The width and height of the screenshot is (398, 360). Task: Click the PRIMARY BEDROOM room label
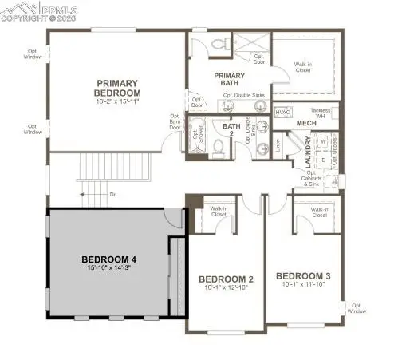[x=118, y=87]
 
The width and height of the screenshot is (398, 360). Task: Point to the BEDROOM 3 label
[x=302, y=276]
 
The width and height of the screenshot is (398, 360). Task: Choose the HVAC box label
[x=282, y=113]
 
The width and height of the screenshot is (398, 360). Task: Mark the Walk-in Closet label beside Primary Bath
[x=303, y=67]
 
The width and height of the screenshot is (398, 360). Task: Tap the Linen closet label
[x=278, y=144]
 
